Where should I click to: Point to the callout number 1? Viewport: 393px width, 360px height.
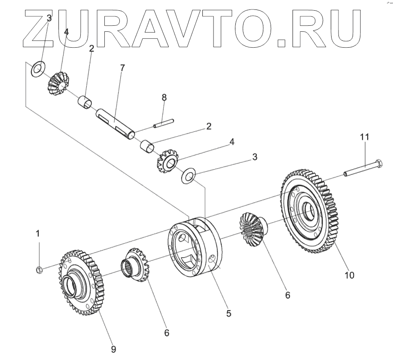coord(38,234)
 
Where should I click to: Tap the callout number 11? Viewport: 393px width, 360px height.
coord(365,137)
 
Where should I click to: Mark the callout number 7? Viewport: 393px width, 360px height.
coord(123,67)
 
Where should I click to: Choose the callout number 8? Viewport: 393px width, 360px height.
coord(164,98)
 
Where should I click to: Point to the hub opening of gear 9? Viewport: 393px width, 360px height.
coord(70,285)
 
